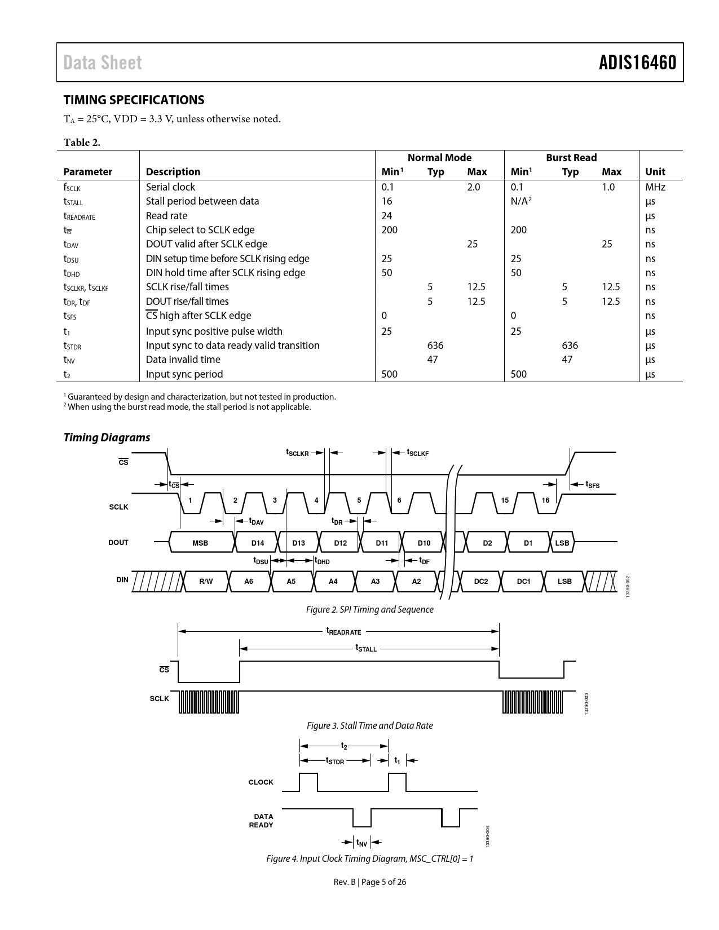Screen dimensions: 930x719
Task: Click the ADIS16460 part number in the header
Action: [x=637, y=63]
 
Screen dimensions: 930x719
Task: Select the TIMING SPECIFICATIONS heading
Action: [x=134, y=100]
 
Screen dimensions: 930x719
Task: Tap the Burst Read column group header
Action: [x=571, y=158]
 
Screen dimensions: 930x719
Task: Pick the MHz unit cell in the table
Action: [x=655, y=187]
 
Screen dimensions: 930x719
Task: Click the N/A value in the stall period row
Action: [x=520, y=201]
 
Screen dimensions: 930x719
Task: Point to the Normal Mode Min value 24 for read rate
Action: [x=387, y=216]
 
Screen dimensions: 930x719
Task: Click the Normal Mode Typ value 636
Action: [x=435, y=346]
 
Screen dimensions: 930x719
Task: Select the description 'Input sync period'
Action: [x=184, y=374]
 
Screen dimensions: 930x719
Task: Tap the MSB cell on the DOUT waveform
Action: [x=200, y=543]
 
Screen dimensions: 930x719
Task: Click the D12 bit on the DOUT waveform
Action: [x=340, y=543]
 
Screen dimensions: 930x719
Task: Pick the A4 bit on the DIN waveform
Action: [x=333, y=581]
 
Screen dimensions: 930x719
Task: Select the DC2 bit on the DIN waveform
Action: [x=480, y=581]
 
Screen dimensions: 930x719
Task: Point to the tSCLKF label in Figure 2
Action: [x=417, y=453]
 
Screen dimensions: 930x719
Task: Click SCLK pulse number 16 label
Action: [x=545, y=500]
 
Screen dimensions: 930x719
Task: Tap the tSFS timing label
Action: [x=592, y=484]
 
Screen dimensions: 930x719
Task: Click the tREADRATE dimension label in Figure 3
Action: [x=343, y=631]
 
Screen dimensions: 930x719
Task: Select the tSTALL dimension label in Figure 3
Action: [x=366, y=648]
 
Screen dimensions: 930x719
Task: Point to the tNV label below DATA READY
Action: [x=361, y=843]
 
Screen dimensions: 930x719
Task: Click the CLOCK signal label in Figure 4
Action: [x=261, y=782]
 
